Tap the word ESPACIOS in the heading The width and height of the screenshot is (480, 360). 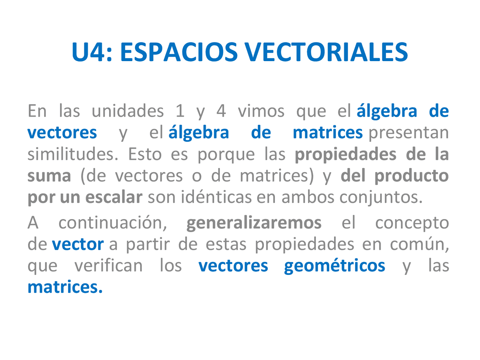pyautogui.click(x=179, y=52)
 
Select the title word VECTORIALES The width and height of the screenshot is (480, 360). pyautogui.click(x=326, y=52)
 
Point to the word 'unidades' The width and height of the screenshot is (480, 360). pyautogui.click(x=127, y=111)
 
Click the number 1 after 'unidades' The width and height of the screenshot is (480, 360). pyautogui.click(x=180, y=111)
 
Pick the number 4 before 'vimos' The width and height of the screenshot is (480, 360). pyautogui.click(x=221, y=111)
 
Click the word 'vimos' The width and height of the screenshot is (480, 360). pyautogui.click(x=261, y=111)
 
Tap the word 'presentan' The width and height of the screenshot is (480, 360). pyautogui.click(x=409, y=133)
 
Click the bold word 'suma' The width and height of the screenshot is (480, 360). pyautogui.click(x=49, y=176)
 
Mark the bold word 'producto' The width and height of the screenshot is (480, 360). pyautogui.click(x=411, y=176)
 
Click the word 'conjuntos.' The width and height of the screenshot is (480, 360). pyautogui.click(x=381, y=198)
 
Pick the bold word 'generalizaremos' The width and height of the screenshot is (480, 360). pyautogui.click(x=254, y=223)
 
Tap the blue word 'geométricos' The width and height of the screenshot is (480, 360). pyautogui.click(x=334, y=266)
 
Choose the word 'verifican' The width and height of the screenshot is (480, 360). pyautogui.click(x=108, y=266)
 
